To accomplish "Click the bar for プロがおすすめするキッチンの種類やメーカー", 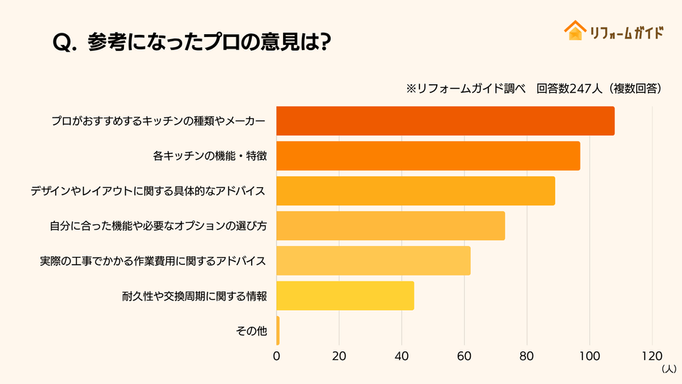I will [x=445, y=120].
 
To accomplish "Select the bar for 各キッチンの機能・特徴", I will [x=428, y=156].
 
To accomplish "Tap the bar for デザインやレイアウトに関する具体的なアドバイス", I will [x=416, y=191].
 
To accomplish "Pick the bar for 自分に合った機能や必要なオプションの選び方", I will [x=390, y=226].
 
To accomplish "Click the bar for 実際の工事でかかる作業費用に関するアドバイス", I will [x=374, y=261].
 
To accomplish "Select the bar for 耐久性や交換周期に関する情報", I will [x=345, y=295].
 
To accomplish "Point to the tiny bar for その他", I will [x=278, y=330].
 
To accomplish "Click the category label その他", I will [x=252, y=331].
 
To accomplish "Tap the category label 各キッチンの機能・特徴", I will [x=210, y=156].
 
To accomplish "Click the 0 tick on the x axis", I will [x=276, y=356].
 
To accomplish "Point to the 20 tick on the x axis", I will [x=339, y=356].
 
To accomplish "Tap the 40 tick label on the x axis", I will [x=401, y=356].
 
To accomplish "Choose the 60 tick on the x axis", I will [x=464, y=356].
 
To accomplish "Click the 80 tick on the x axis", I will [x=527, y=356].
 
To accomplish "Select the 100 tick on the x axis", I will [x=589, y=356].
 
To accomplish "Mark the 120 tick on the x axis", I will [x=652, y=356].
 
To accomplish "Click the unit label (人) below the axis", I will [x=667, y=369].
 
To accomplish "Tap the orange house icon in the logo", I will [x=575, y=30].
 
